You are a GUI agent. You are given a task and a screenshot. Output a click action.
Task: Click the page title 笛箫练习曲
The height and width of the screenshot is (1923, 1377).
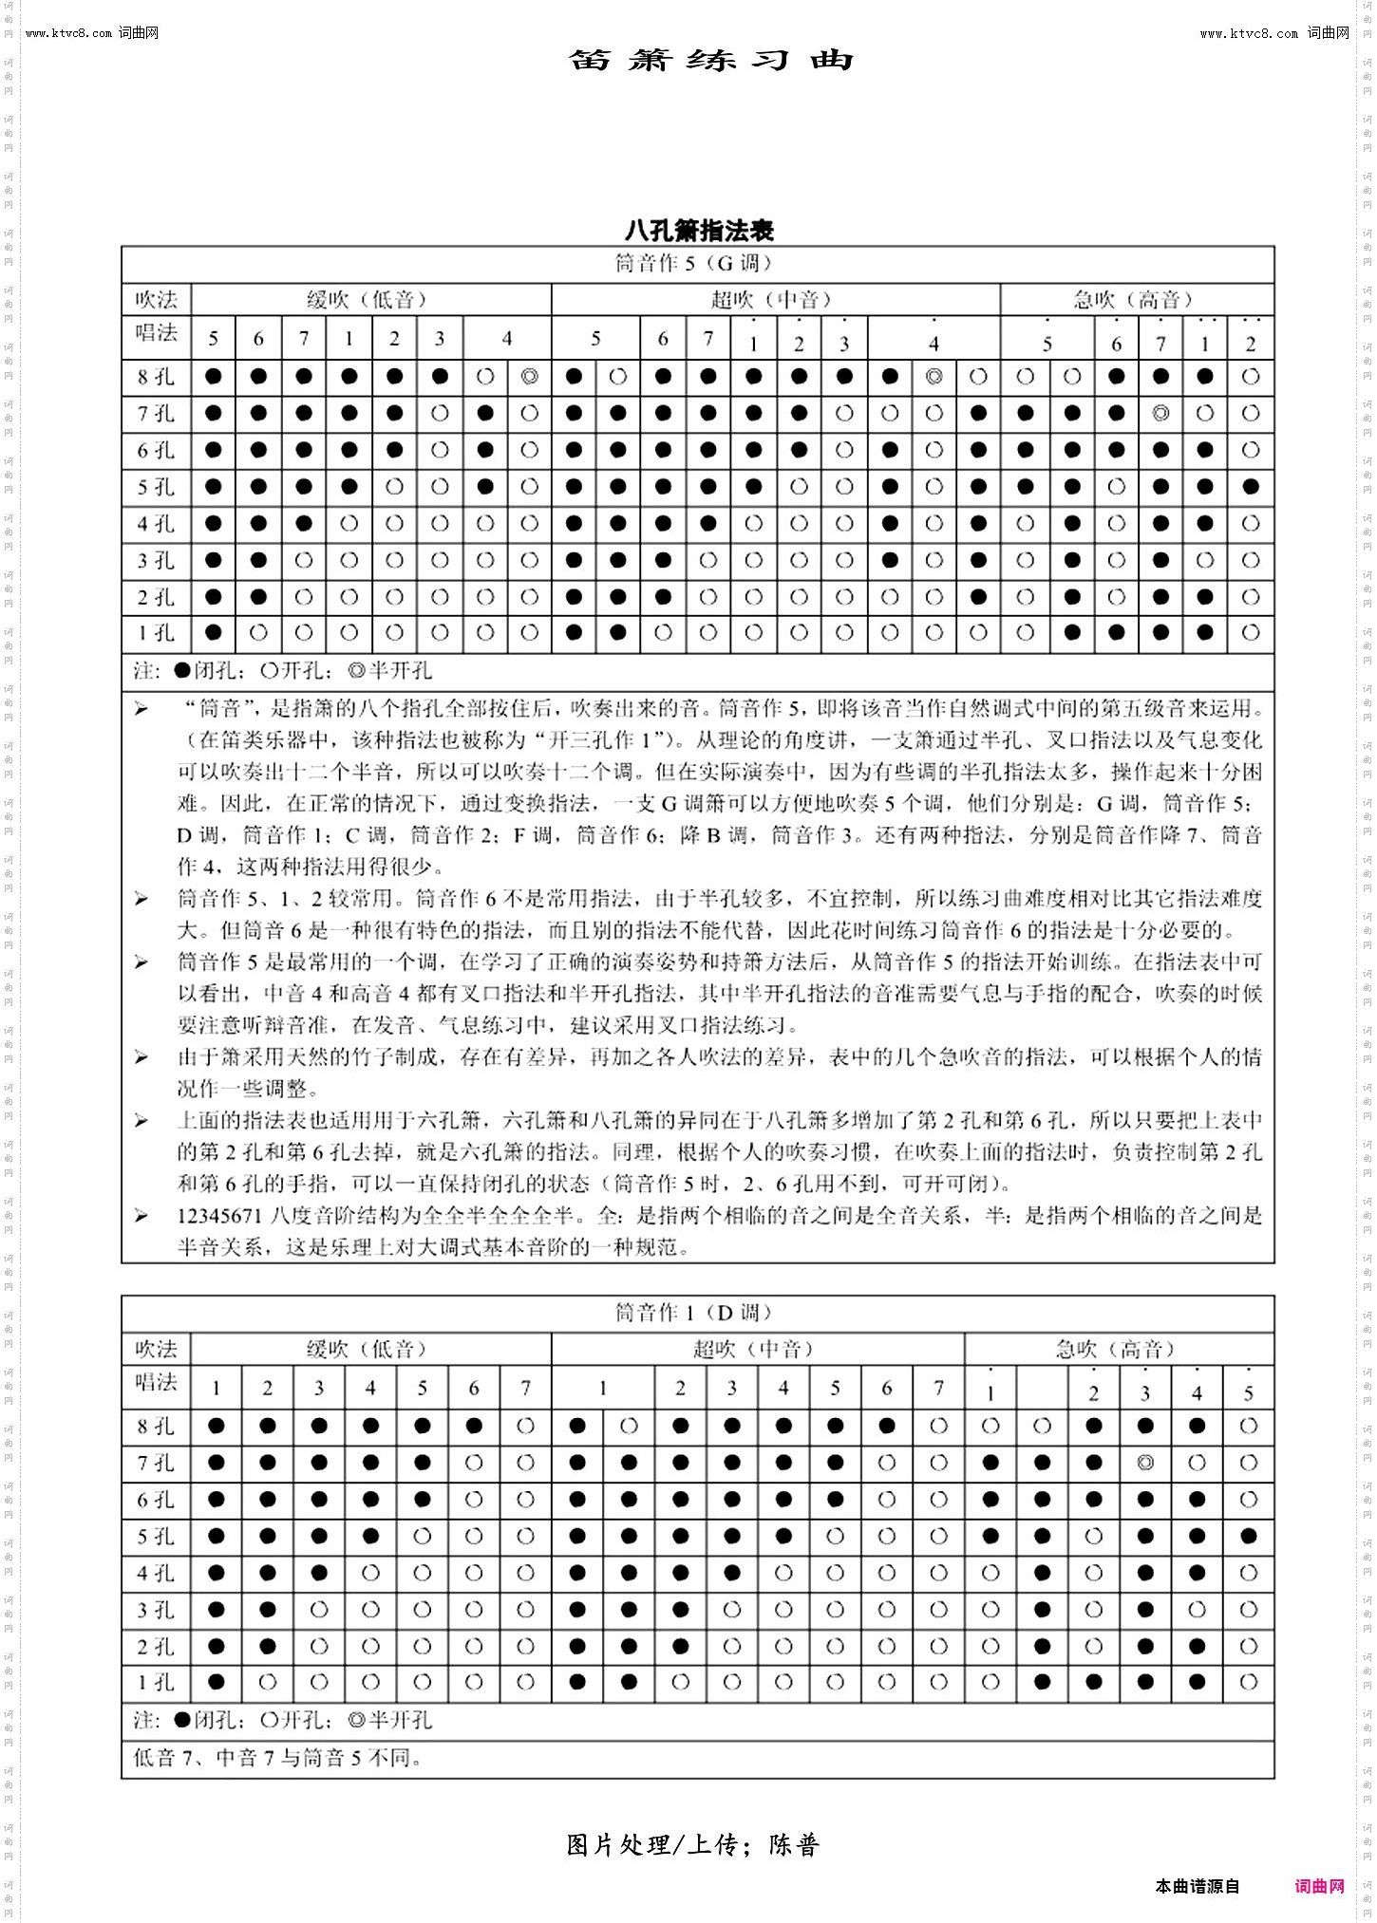pos(711,60)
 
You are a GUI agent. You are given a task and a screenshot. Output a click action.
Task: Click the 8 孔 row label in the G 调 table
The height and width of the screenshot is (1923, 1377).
pos(156,377)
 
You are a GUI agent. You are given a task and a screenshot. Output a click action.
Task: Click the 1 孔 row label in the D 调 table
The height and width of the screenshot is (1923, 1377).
pos(156,1683)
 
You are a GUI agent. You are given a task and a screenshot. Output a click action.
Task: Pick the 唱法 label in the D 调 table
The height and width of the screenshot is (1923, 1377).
pos(156,1382)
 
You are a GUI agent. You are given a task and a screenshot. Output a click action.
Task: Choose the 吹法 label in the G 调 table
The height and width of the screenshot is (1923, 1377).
pos(156,300)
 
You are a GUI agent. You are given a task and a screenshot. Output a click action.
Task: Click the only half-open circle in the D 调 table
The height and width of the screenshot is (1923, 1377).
pos(1145,1463)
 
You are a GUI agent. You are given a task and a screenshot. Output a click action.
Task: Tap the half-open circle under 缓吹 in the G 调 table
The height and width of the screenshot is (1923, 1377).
pos(530,377)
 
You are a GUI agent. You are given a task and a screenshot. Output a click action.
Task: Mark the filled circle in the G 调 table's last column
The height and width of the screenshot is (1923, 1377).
pos(1250,487)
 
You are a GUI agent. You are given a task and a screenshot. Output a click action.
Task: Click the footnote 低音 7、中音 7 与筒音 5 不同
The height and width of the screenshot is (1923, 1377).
pos(278,1758)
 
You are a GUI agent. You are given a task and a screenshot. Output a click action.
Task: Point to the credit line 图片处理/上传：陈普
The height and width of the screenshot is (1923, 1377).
pos(693,1846)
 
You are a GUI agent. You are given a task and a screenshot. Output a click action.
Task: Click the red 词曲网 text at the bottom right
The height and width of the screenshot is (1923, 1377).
pos(1319,1886)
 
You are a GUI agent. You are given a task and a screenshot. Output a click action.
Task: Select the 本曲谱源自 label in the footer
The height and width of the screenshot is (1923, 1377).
pos(1198,1886)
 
